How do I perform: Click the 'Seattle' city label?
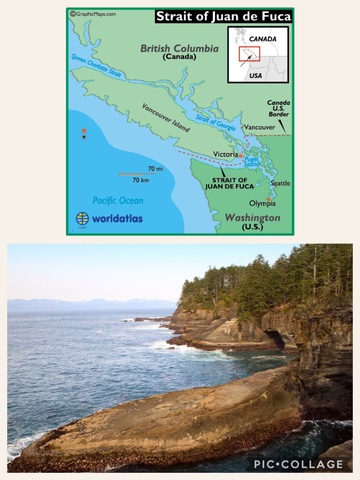pyautogui.click(x=280, y=183)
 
